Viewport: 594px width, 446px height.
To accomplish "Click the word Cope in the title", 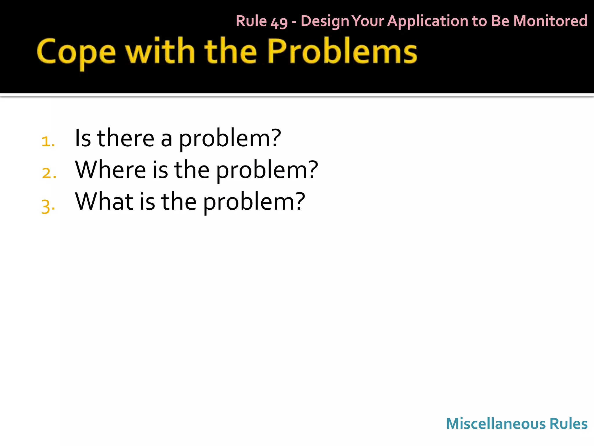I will [76, 53].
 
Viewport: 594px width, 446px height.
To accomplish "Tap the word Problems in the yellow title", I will [342, 51].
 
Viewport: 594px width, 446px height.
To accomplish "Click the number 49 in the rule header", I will [279, 22].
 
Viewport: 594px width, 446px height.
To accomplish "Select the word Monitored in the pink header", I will [550, 21].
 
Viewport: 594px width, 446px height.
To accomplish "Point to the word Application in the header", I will [428, 21].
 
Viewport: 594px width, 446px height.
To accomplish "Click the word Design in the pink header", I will [325, 21].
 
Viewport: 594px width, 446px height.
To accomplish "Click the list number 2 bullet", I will [49, 173].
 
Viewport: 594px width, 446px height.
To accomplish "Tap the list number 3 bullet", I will [48, 206].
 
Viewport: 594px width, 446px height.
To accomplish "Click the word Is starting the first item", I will [83, 138].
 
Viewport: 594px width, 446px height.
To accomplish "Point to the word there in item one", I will [126, 138].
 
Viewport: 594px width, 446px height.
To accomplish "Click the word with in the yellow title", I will [160, 51].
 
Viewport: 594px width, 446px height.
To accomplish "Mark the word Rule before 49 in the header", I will [251, 21].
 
